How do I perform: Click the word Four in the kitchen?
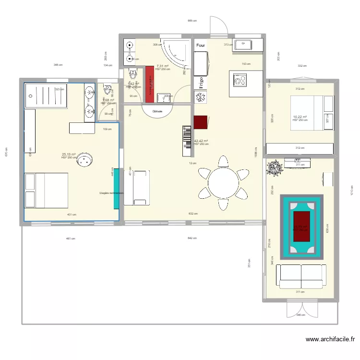click(x=200, y=46)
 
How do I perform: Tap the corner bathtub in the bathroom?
click(x=175, y=54)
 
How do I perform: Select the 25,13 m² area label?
click(x=69, y=155)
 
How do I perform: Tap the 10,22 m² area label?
click(x=300, y=117)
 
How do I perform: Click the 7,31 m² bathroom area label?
click(x=162, y=66)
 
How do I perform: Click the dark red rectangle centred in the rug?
click(x=301, y=226)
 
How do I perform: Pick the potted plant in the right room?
click(x=275, y=168)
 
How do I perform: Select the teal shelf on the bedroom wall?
click(x=117, y=188)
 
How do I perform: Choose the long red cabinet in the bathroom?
click(x=149, y=84)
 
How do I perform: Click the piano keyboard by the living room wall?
click(x=187, y=141)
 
